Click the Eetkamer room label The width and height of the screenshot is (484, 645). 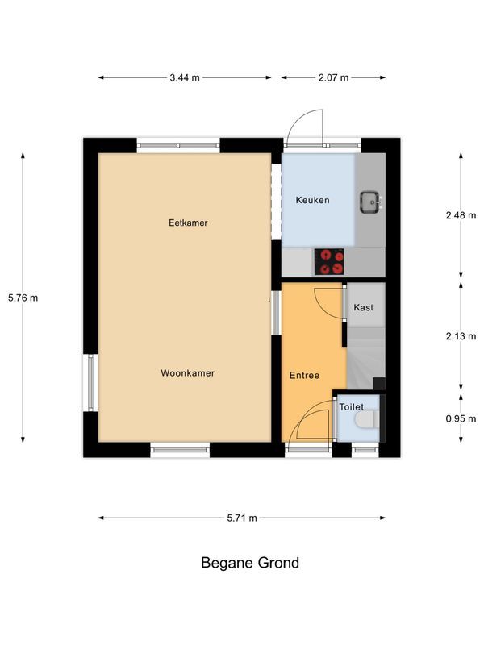[188, 223]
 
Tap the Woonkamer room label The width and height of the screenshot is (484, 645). [188, 373]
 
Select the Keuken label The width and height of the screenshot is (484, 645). [313, 200]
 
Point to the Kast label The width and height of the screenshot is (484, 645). [364, 307]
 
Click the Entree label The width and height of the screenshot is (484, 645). [305, 375]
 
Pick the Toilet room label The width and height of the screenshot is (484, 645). [352, 407]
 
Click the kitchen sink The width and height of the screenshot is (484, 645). [371, 202]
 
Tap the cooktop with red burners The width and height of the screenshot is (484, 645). [329, 261]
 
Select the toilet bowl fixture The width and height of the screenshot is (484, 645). [367, 419]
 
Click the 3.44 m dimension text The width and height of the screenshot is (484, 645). [185, 77]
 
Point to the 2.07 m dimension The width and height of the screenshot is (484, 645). [333, 77]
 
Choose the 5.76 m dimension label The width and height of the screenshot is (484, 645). [23, 298]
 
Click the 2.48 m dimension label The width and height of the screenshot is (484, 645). [461, 215]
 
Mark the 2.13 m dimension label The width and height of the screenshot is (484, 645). [461, 336]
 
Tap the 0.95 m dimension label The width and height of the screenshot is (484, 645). [461, 418]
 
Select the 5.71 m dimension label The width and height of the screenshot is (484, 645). [242, 518]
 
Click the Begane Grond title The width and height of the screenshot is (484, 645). [250, 562]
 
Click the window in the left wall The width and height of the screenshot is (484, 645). [90, 382]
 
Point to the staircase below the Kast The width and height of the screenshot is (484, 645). [366, 357]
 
